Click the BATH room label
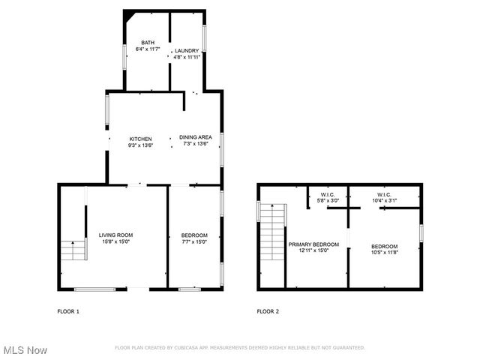coord(148,43)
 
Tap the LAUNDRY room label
coord(187,50)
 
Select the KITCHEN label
coord(141,139)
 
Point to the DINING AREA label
coord(195,137)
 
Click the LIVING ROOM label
coord(115,235)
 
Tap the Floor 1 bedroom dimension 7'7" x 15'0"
coord(194,241)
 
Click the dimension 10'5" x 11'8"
coord(385,253)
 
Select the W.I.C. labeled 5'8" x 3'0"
coord(328,200)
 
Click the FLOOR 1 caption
coord(68,310)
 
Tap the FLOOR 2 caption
coord(268,310)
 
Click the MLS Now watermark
coord(25,350)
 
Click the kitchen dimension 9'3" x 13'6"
coord(141,145)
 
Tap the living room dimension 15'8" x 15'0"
coord(115,241)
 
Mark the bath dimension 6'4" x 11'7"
coord(148,49)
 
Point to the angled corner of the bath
coord(130,16)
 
